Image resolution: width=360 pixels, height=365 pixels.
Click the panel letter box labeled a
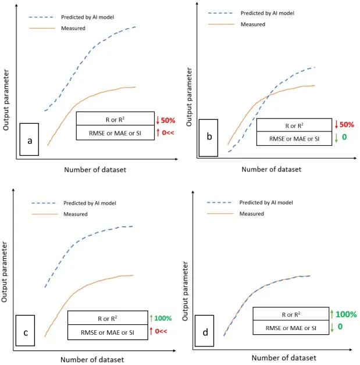click(29, 139)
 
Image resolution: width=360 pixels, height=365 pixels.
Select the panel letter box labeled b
click(208, 138)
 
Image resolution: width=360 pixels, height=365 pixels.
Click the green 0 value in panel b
click(344, 138)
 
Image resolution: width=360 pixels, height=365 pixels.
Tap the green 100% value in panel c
click(163, 318)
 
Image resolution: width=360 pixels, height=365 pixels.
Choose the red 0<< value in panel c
click(162, 331)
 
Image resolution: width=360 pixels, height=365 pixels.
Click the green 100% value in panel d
click(346, 314)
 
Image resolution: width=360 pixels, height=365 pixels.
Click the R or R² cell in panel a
click(115, 120)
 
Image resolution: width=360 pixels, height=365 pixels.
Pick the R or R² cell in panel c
click(108, 318)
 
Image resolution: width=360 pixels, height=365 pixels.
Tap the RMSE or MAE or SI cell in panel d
click(291, 328)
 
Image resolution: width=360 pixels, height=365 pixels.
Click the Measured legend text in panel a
click(74, 28)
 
